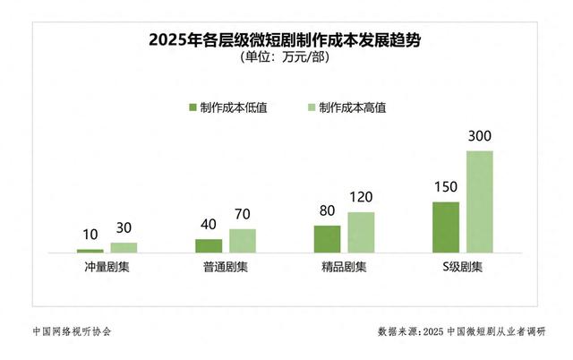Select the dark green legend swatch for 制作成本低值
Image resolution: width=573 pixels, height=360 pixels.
(x=192, y=107)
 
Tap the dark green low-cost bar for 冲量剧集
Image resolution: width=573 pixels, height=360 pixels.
(x=90, y=251)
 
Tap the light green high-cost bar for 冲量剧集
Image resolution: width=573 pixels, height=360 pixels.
(x=124, y=247)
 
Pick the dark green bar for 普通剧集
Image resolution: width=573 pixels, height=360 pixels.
(x=209, y=245)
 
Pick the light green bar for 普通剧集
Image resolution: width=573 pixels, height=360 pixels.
(x=243, y=240)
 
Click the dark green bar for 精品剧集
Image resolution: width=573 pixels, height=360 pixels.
(x=327, y=238)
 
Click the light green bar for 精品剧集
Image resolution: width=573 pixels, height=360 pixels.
(x=361, y=232)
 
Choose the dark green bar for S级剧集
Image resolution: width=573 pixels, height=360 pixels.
(x=446, y=227)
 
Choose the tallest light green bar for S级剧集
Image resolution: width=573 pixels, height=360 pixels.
(x=480, y=201)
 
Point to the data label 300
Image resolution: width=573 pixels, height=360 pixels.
(x=480, y=137)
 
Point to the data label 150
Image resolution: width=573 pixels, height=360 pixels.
(x=446, y=189)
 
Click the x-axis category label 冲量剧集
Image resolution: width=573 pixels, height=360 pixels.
(x=107, y=268)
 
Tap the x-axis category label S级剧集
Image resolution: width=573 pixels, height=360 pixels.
(x=463, y=268)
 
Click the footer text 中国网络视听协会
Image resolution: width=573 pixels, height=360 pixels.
(x=68, y=331)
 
